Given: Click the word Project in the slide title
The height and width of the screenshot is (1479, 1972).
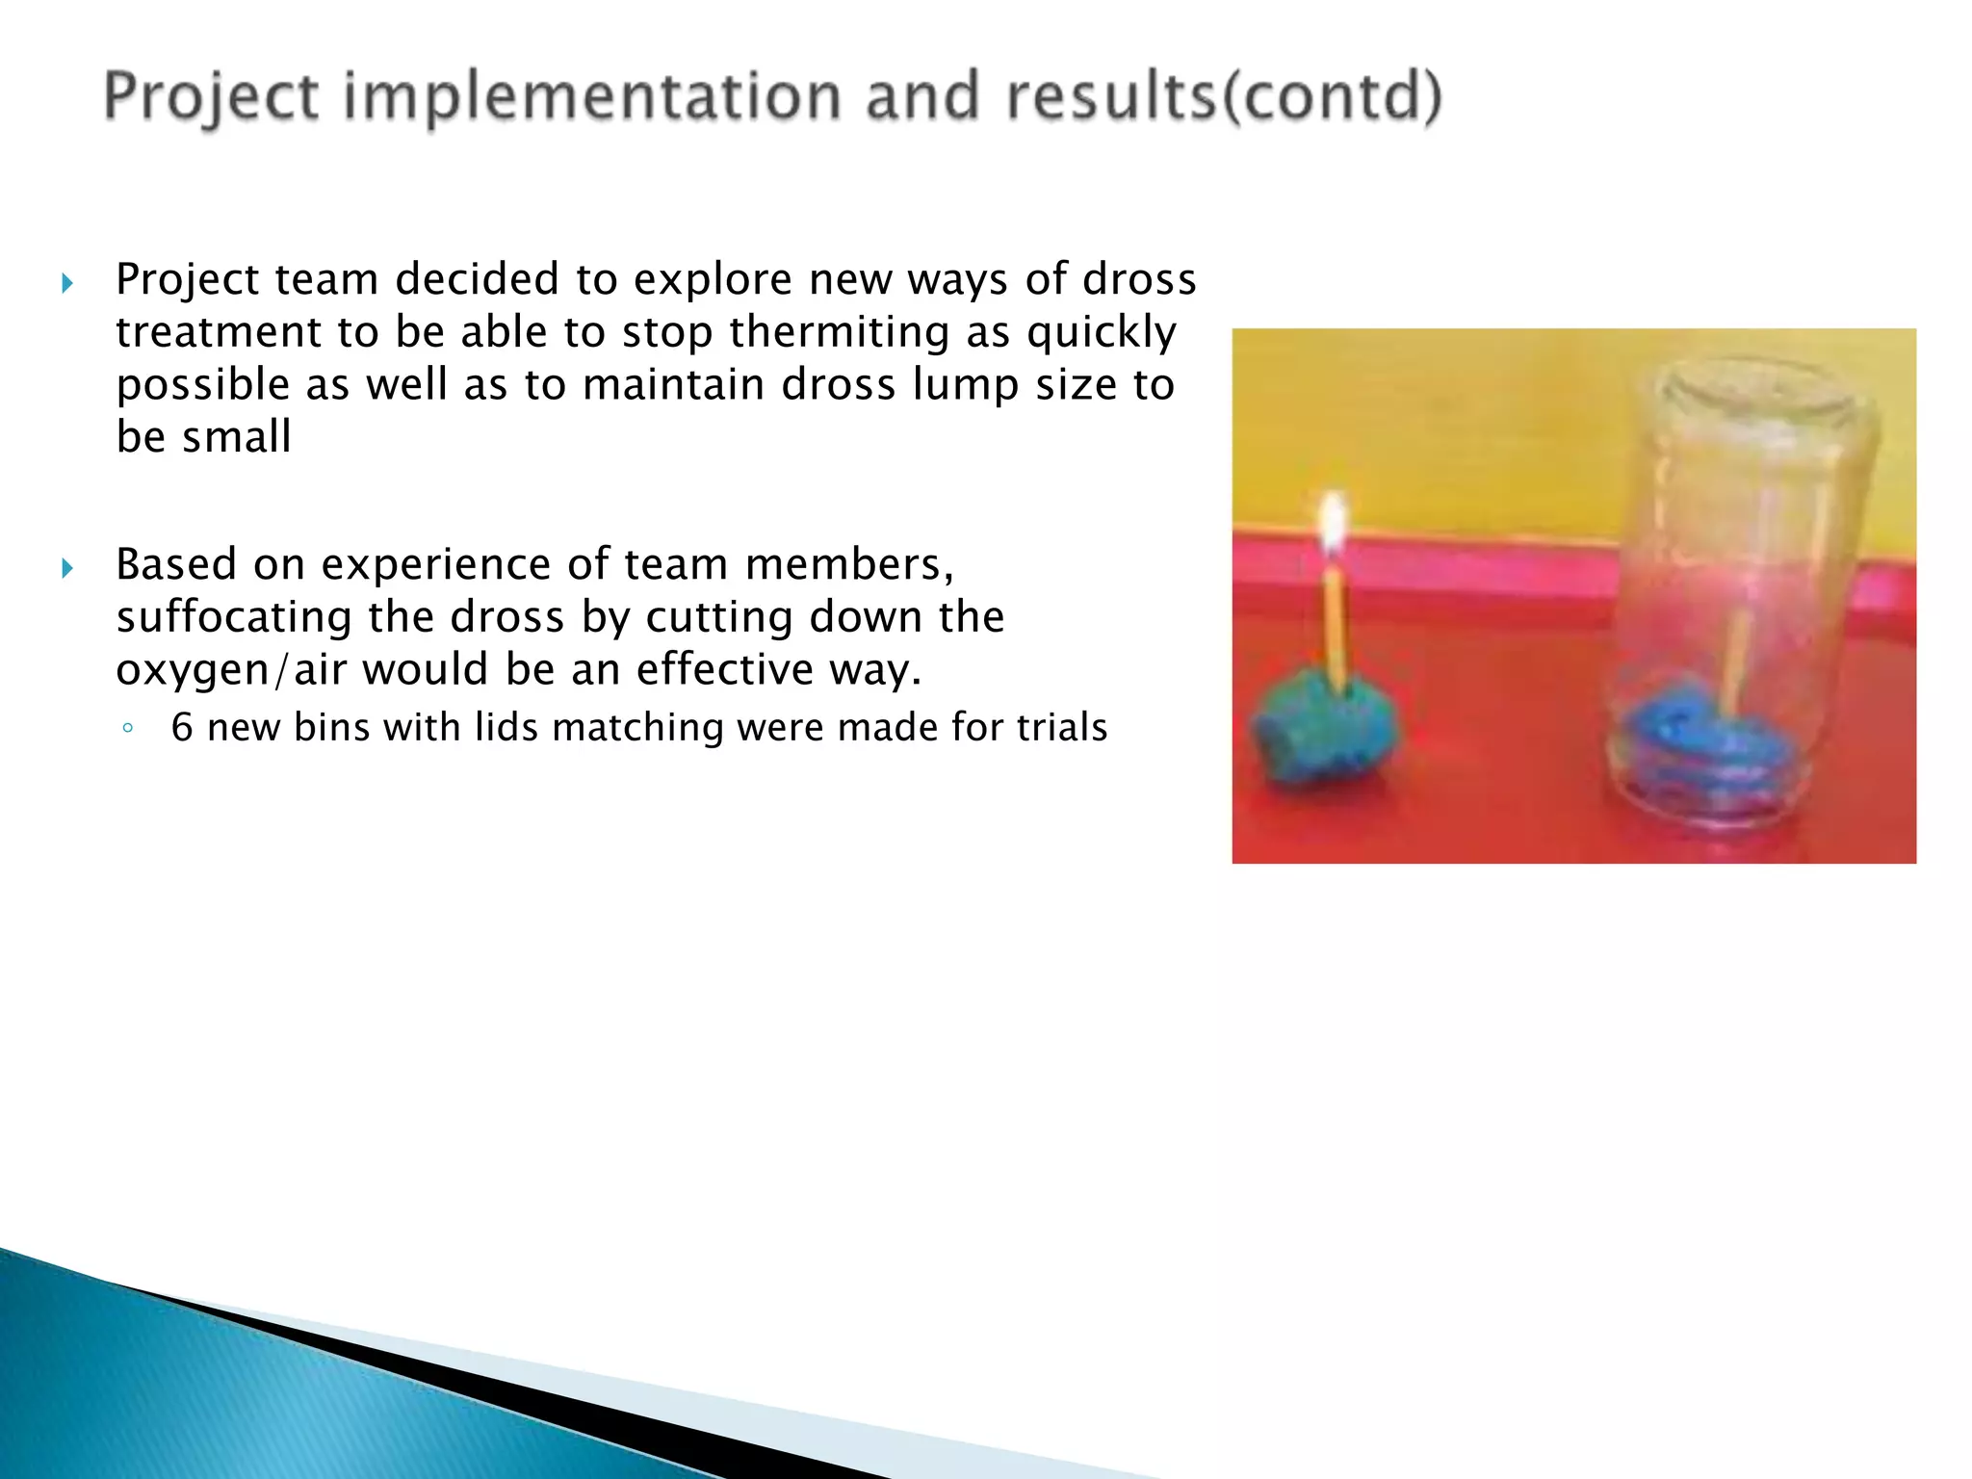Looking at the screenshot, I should click(211, 98).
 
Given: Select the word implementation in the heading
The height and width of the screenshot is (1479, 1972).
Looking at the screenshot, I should click(592, 98).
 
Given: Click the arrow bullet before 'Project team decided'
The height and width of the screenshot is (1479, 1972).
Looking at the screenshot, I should click(66, 283).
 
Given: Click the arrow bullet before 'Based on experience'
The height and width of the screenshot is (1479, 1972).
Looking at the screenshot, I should click(66, 568).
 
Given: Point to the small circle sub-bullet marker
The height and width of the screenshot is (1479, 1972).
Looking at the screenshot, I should click(128, 729).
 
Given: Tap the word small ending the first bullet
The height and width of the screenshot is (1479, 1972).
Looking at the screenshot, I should click(237, 437).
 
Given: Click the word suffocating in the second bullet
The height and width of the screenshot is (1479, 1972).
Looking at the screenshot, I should click(234, 617).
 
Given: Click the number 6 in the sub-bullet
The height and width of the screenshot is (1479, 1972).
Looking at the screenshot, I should click(181, 728).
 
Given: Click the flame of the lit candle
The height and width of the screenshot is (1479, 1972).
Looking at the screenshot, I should click(1333, 525).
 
